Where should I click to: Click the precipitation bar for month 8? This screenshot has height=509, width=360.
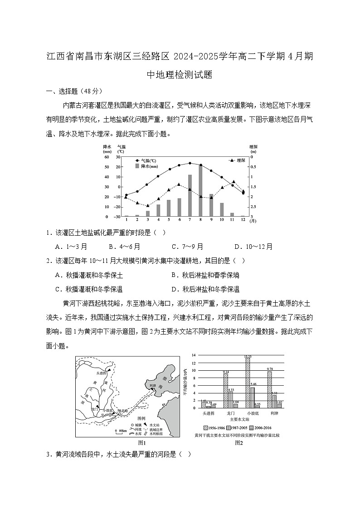coord(200,191)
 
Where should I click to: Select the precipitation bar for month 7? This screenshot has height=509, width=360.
coord(190,195)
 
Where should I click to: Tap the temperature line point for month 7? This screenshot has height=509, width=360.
coord(190,163)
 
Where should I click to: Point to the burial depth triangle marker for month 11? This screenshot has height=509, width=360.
coord(233,182)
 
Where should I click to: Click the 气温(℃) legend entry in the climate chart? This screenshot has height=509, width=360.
coord(146,161)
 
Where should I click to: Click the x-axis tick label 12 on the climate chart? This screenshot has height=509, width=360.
coord(243,220)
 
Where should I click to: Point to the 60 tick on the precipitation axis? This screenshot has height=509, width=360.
coord(107,157)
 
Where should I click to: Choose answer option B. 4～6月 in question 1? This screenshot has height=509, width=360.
coord(124,247)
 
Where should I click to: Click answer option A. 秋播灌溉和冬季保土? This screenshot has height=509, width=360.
coord(88,275)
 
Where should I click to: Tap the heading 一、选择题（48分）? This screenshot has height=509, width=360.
coord(74,91)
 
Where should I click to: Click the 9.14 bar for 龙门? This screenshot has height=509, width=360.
coord(225,391)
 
